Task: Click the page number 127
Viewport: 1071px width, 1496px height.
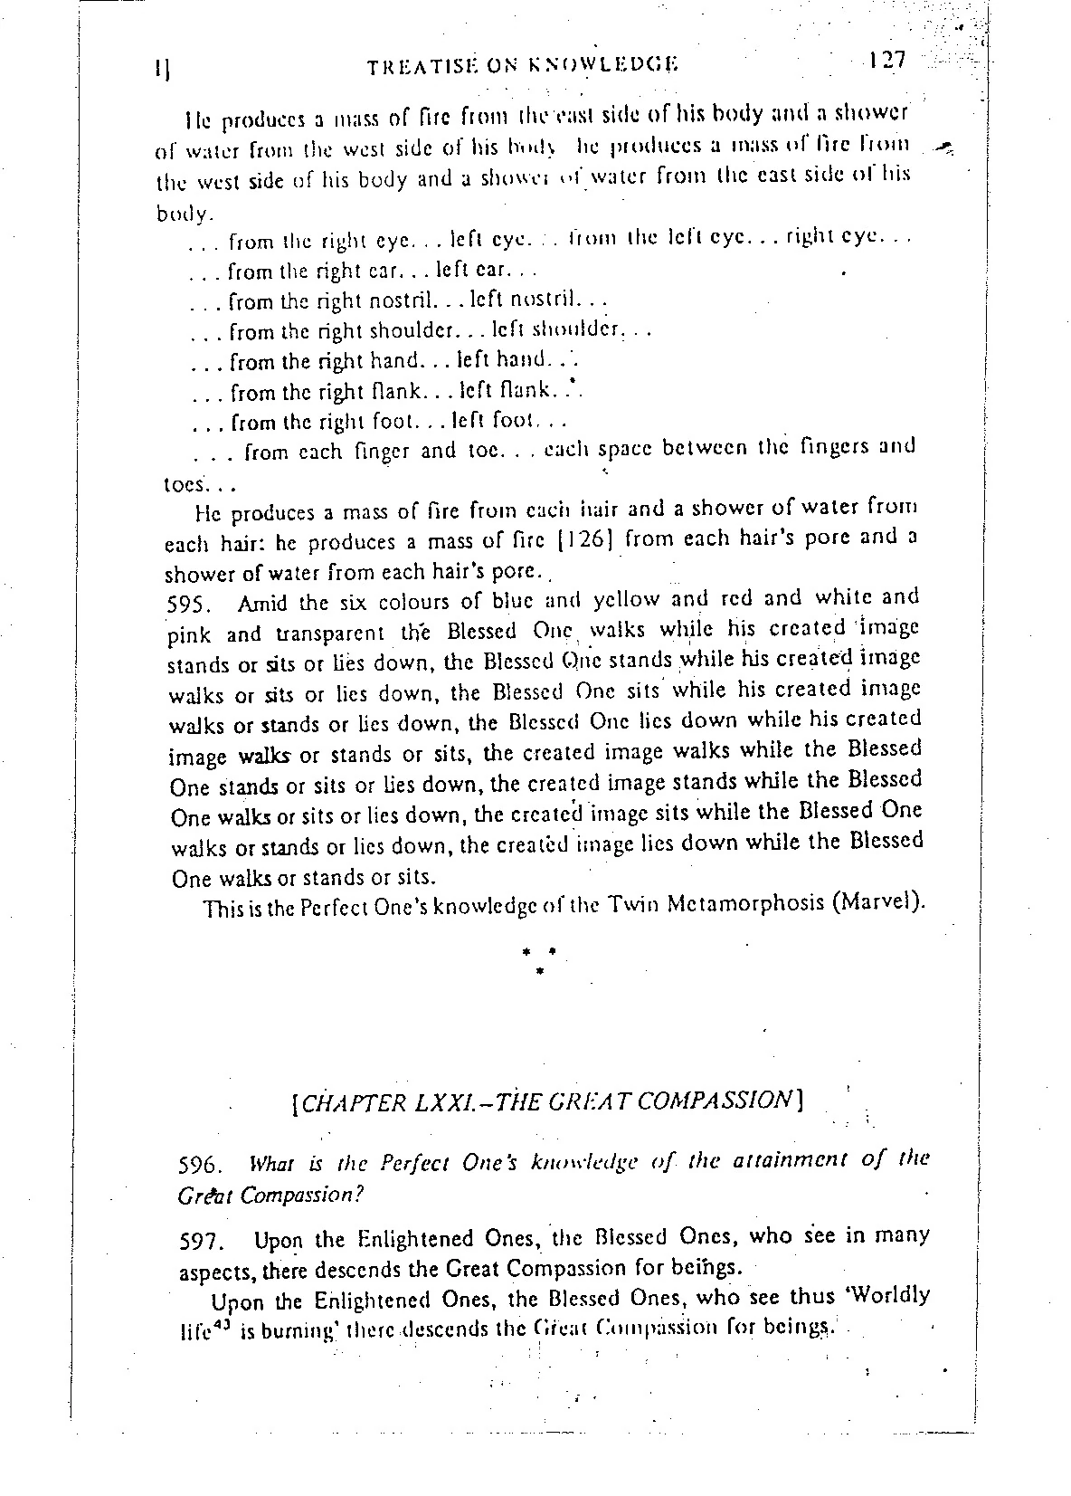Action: point(886,61)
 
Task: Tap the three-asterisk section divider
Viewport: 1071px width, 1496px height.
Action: point(539,959)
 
